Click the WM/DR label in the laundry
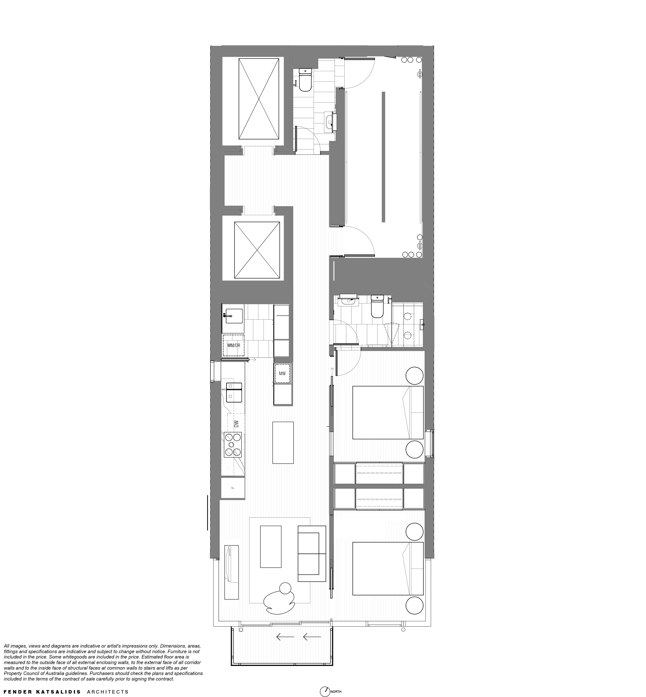233,345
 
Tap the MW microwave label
282,374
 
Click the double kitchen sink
234,392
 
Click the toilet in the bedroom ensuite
377,307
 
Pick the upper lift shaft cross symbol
259,99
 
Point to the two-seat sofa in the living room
311,553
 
